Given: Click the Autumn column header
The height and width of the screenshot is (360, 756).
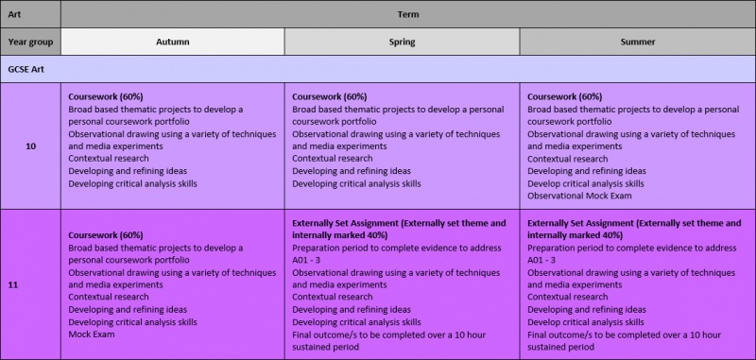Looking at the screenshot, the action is [x=172, y=42].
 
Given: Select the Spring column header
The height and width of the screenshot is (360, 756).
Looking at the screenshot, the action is [x=402, y=42].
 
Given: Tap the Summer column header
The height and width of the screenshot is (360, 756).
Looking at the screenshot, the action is [x=636, y=42].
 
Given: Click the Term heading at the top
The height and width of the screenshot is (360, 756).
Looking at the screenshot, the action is [x=407, y=14].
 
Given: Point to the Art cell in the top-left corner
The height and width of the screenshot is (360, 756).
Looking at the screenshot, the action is [x=14, y=14].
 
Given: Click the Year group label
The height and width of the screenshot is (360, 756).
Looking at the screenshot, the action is [x=30, y=42].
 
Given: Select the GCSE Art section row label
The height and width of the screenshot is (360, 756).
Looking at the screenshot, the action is [x=27, y=69].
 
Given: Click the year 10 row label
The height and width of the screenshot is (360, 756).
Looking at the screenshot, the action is [x=30, y=146].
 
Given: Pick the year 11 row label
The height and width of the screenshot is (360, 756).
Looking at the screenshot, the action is [x=13, y=283].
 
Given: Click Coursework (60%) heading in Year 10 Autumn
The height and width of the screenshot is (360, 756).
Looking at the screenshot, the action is [x=106, y=96].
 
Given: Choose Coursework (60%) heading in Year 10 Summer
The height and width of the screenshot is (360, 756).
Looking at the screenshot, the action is [x=564, y=96].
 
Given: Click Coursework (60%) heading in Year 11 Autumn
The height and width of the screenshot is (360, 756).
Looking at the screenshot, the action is [x=106, y=235].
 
